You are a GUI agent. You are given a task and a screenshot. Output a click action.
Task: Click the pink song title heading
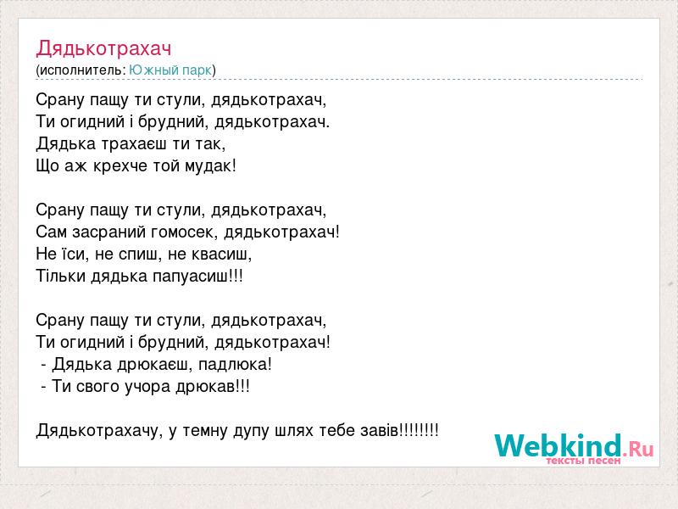point(103,49)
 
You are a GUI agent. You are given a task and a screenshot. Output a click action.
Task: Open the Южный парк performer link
point(170,70)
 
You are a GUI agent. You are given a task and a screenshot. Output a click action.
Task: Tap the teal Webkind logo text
point(559,445)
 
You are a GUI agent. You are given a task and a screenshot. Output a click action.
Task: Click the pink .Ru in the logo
point(638,449)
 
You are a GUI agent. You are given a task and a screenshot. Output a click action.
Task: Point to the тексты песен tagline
point(583,461)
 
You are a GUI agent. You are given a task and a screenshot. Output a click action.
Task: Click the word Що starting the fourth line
point(47,166)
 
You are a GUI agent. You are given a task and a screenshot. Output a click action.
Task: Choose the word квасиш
point(219,254)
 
